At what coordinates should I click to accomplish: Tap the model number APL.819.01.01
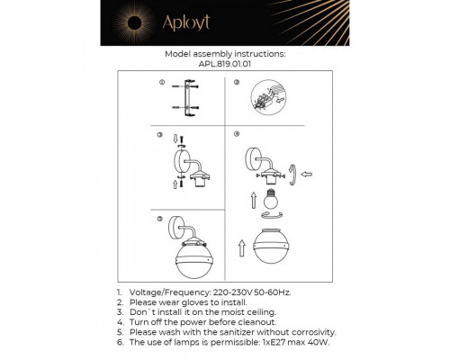coord(225,64)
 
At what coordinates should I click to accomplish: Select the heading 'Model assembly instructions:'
coord(225,54)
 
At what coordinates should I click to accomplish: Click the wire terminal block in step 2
coord(266,94)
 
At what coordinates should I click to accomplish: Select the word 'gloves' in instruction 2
coord(197,304)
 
